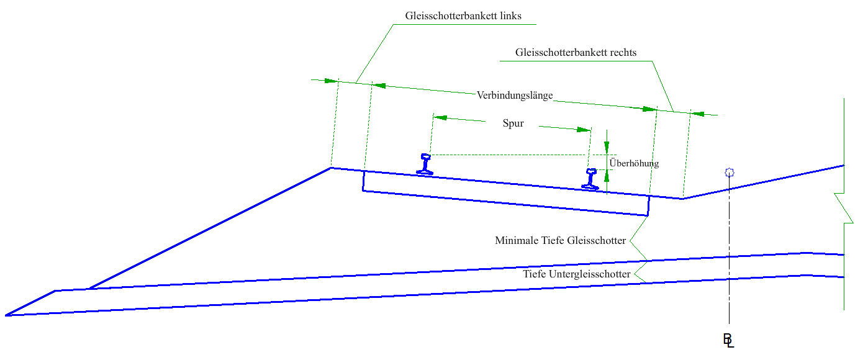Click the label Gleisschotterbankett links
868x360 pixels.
tap(463, 15)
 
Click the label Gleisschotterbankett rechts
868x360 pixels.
tap(576, 52)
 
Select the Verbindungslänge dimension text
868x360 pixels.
tap(515, 96)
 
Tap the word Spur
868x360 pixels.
tap(513, 124)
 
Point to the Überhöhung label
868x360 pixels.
tap(634, 163)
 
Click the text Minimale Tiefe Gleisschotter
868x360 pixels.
tap(560, 240)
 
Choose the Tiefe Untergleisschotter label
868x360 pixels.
tap(577, 274)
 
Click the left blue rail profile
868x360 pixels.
tap(425, 164)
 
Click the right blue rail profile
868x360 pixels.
tap(590, 179)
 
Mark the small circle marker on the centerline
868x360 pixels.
tap(730, 173)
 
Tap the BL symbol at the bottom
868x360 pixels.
tap(728, 340)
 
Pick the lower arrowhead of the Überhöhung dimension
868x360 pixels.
tap(607, 175)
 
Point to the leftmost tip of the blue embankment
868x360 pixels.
tap(6, 315)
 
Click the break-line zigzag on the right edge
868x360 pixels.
tap(844, 208)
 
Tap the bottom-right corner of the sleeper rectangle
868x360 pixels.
tap(648, 215)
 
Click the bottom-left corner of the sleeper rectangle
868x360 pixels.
tap(363, 191)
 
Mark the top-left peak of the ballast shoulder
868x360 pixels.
tap(332, 168)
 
